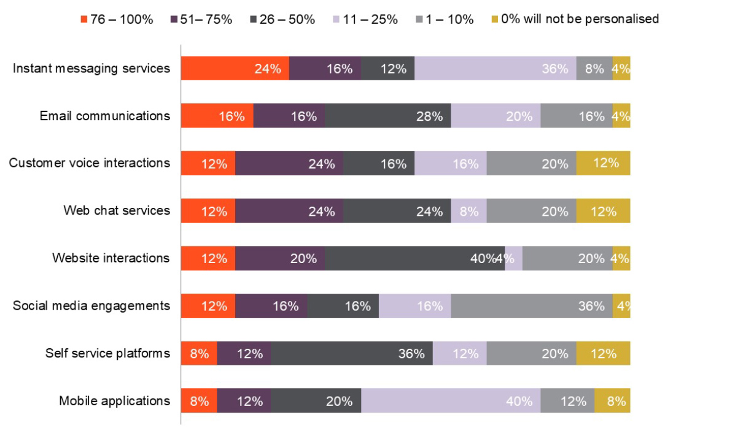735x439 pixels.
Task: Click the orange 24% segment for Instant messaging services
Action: click(235, 68)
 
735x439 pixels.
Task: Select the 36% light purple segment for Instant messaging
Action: click(495, 68)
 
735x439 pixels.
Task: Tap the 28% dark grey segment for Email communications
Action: click(387, 116)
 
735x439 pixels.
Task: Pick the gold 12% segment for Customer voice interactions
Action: click(603, 163)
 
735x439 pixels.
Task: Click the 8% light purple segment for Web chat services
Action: click(469, 211)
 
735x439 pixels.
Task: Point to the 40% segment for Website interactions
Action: click(414, 258)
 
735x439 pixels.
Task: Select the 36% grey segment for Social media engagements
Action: click(531, 305)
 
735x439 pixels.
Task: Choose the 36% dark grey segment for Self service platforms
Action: click(352, 353)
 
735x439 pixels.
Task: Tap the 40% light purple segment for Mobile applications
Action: click(451, 401)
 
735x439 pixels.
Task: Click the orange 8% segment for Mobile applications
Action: click(199, 401)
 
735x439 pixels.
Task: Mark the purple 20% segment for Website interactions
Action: click(280, 258)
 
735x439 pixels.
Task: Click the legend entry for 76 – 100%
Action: click(116, 19)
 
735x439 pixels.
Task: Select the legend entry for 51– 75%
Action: click(201, 19)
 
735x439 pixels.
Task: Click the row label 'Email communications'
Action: click(105, 116)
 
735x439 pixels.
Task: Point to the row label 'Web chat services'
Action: click(117, 211)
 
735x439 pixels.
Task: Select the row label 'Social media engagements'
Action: click(91, 305)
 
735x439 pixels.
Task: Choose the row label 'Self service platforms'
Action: click(107, 353)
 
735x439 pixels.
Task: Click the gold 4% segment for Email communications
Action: click(621, 116)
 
